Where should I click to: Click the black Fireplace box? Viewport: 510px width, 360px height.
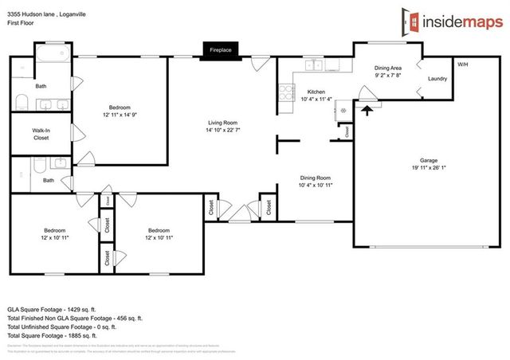pyautogui.click(x=220, y=49)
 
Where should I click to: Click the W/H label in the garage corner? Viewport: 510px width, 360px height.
pyautogui.click(x=462, y=64)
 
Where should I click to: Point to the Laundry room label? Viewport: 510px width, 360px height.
pyautogui.click(x=437, y=79)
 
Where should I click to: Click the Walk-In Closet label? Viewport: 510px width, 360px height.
pyautogui.click(x=41, y=134)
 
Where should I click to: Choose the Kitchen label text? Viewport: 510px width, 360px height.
pyautogui.click(x=317, y=92)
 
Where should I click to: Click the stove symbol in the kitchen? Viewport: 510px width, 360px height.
pyautogui.click(x=284, y=93)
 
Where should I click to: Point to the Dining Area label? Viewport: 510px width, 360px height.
pyautogui.click(x=387, y=68)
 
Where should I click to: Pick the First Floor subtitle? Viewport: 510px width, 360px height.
pyautogui.click(x=24, y=24)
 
